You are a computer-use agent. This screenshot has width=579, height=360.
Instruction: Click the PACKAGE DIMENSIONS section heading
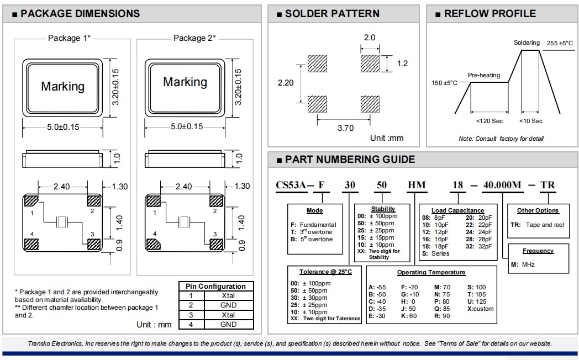pyautogui.click(x=80, y=14)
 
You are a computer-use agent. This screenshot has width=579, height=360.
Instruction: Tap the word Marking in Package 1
pyautogui.click(x=63, y=87)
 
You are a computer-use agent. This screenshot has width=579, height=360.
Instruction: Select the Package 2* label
pyautogui.click(x=194, y=38)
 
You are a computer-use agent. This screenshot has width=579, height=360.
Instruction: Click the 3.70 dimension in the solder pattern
pyautogui.click(x=345, y=128)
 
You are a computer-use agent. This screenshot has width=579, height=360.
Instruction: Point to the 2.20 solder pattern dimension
pyautogui.click(x=285, y=82)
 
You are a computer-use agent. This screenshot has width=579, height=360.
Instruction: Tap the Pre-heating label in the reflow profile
pyautogui.click(x=484, y=75)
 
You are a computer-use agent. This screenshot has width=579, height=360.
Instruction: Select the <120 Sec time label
pyautogui.click(x=489, y=121)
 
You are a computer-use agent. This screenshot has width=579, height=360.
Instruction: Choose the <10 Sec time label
pyautogui.click(x=531, y=121)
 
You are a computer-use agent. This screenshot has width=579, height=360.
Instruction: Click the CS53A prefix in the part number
pyautogui.click(x=291, y=185)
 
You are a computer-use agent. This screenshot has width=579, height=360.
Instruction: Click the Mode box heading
pyautogui.click(x=315, y=210)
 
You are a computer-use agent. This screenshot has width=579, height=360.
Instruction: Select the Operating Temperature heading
pyautogui.click(x=431, y=272)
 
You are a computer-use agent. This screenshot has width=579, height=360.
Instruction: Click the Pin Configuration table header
pyautogui.click(x=216, y=287)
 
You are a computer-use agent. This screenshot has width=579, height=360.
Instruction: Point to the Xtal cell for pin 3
pyautogui.click(x=228, y=315)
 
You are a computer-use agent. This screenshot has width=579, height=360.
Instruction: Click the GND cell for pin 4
pyautogui.click(x=228, y=324)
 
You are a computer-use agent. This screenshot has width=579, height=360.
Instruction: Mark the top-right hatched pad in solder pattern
pyautogui.click(x=370, y=63)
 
